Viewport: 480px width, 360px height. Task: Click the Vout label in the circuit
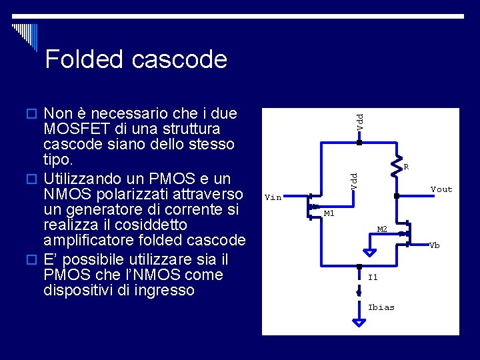coord(441,189)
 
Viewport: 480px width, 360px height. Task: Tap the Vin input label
coord(273,197)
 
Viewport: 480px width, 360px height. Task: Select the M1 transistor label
coord(329,213)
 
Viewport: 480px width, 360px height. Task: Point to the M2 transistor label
coord(382,229)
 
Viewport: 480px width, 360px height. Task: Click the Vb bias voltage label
coord(435,245)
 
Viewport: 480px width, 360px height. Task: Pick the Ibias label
coord(381,307)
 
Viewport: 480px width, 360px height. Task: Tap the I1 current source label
coord(373,277)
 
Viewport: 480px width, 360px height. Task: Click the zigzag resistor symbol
coord(399,164)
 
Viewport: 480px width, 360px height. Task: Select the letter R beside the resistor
coord(406,167)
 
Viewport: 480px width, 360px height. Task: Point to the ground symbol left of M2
coord(369,253)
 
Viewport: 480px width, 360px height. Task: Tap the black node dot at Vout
coord(396,197)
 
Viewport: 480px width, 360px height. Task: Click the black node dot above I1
coord(359,265)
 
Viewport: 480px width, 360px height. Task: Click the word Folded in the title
coord(85,59)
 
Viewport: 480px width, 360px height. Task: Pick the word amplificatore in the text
coord(89,240)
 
